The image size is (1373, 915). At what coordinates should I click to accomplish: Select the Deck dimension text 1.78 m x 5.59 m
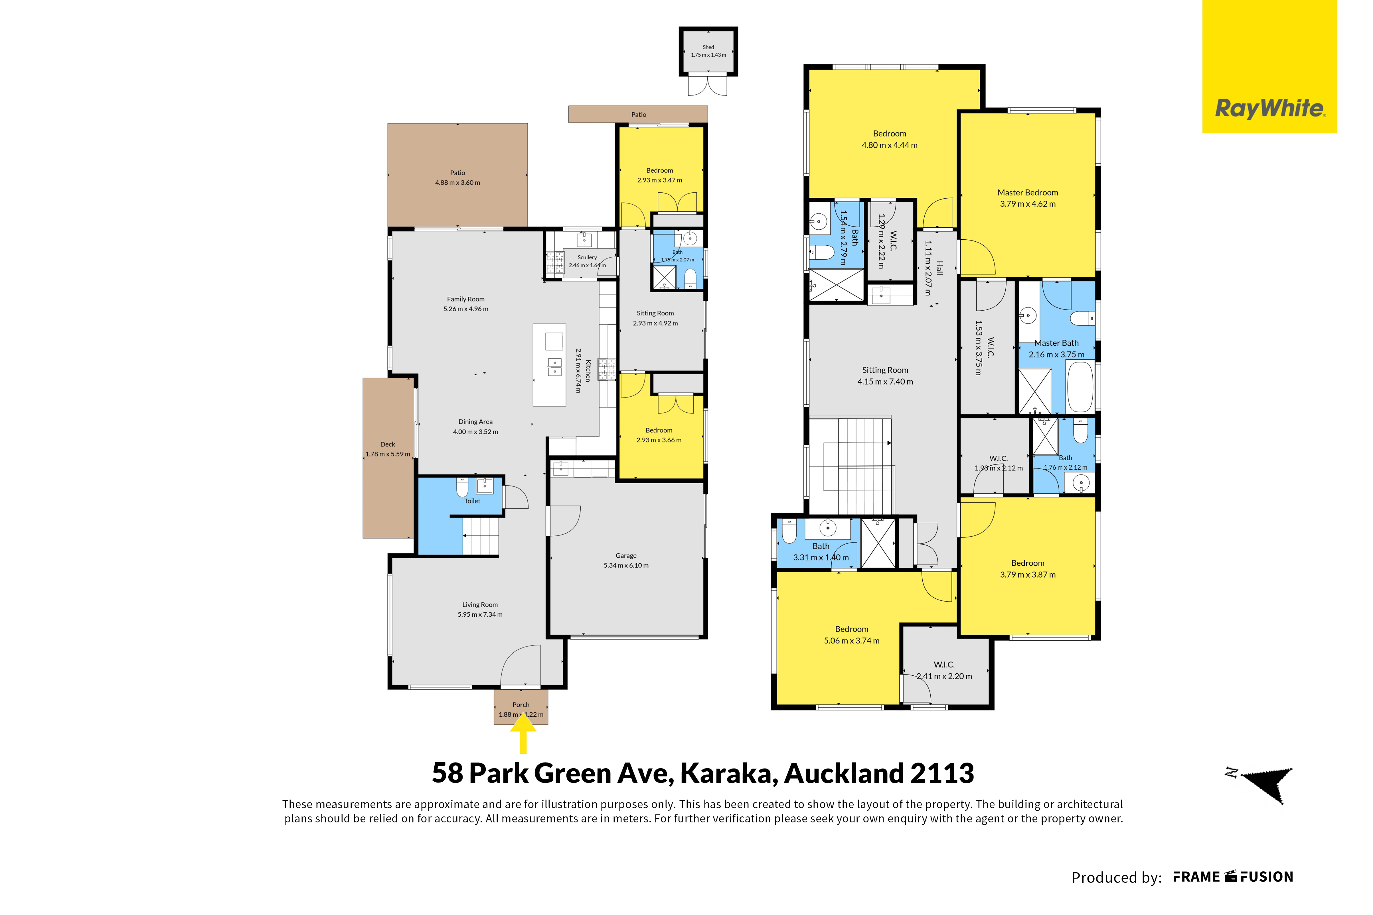click(x=388, y=454)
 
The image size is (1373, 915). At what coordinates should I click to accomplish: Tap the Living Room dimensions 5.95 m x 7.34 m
click(x=480, y=614)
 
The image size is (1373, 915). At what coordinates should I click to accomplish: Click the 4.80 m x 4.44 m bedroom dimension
click(x=890, y=145)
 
